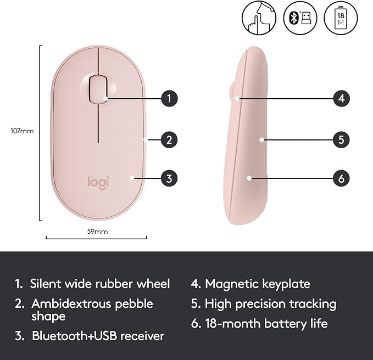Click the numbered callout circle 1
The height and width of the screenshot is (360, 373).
coord(169,98)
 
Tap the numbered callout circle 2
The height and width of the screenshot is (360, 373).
coord(169,140)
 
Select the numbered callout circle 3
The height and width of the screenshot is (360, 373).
coord(169,178)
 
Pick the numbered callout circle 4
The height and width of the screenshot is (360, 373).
coord(341,98)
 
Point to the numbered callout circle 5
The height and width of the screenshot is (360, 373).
coord(341,140)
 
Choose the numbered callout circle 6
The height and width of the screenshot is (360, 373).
coord(341,178)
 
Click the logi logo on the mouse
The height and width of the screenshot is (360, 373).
coord(98,183)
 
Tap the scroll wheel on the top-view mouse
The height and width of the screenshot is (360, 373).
coord(98,89)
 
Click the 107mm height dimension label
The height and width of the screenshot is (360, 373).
coord(22,131)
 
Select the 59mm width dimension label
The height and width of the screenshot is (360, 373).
coord(98,232)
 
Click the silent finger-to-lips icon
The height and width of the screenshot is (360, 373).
coord(259,18)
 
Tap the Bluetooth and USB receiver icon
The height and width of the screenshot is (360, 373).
coord(300,18)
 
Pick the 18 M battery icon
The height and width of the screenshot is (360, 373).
coord(341,18)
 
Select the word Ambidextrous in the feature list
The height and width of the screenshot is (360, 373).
coord(71,303)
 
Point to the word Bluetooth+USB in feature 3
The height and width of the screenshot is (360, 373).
coord(75,336)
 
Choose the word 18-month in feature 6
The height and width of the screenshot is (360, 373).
coord(233,323)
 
